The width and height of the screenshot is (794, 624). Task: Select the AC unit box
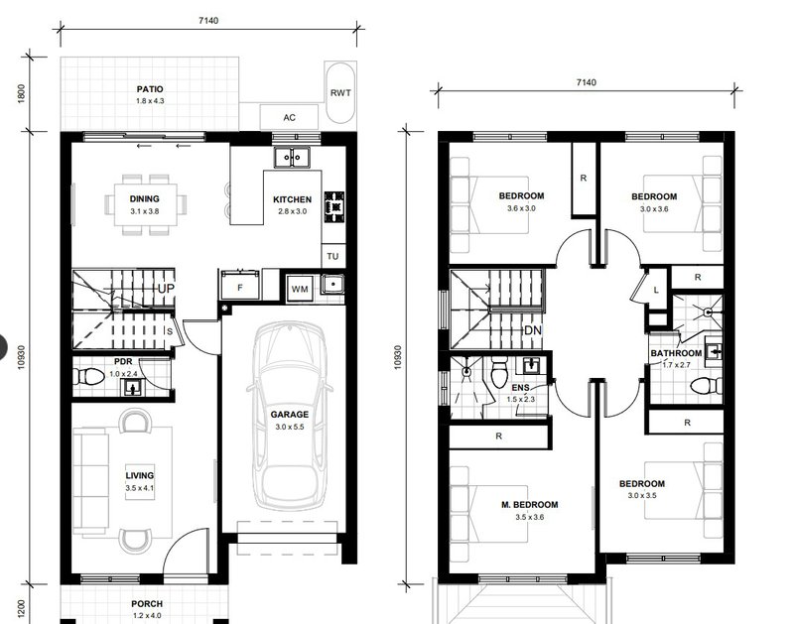pos(289,117)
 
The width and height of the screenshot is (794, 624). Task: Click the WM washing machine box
pos(299,290)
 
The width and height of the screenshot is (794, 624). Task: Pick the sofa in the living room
pos(88,481)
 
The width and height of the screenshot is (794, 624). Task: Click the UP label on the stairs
pos(166,289)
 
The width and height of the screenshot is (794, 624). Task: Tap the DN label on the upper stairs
pos(532,330)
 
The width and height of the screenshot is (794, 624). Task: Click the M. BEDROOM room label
pos(529,505)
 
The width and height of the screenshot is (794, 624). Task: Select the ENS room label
pos(521,388)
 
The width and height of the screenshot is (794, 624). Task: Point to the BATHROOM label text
pos(676,353)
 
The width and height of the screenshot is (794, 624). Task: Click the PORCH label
pos(146,603)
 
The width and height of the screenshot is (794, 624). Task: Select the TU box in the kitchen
pos(333,256)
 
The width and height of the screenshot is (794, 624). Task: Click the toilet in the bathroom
pos(705,385)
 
